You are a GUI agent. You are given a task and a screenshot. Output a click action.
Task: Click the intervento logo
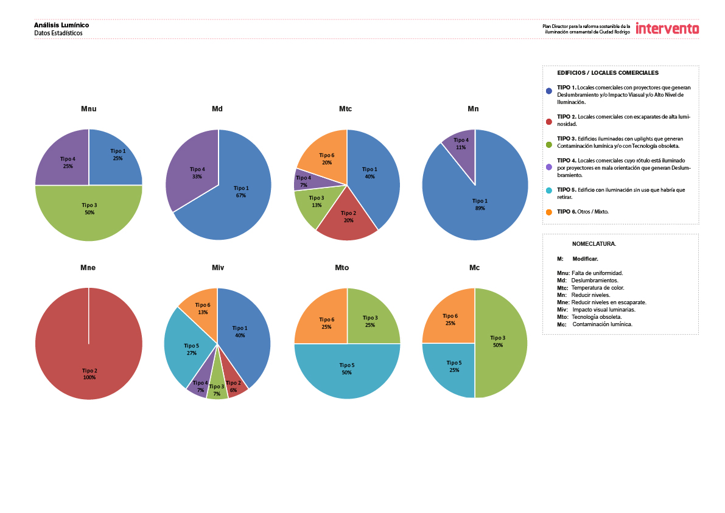click(x=667, y=29)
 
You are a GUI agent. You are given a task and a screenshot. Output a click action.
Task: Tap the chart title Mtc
click(x=345, y=109)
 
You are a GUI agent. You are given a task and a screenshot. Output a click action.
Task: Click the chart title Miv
click(x=218, y=268)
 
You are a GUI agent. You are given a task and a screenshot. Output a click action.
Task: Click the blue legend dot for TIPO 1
click(x=548, y=91)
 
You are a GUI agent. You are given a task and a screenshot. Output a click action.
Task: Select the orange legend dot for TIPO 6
click(x=548, y=212)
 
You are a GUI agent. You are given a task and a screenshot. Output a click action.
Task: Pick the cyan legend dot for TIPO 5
click(x=548, y=190)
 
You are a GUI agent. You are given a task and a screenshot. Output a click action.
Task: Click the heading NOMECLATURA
click(x=594, y=243)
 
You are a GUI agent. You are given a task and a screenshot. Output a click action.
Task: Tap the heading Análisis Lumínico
click(x=61, y=25)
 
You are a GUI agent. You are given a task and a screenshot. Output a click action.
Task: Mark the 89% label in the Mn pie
click(x=480, y=208)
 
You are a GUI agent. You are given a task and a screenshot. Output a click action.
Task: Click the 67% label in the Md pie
click(x=241, y=195)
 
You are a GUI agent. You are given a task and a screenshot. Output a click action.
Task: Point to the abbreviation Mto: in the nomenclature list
click(x=562, y=317)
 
